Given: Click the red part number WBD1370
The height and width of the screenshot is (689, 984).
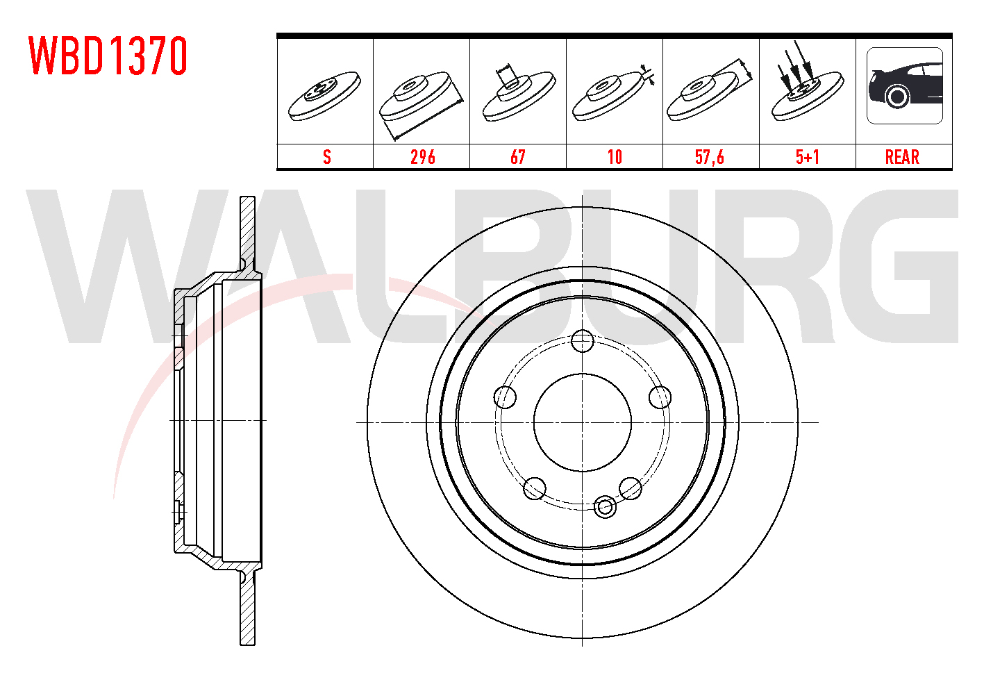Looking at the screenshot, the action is [x=108, y=56].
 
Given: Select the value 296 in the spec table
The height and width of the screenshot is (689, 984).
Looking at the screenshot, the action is [x=423, y=157].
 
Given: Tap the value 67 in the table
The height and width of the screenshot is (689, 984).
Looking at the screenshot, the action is [x=518, y=157].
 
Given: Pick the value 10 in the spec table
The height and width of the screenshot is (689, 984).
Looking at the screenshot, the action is [x=615, y=157].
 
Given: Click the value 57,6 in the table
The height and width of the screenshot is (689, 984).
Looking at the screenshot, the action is [x=710, y=157].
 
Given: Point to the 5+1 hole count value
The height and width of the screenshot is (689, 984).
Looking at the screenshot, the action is [x=808, y=157].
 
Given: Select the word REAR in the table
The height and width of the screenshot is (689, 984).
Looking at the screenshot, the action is [x=902, y=157].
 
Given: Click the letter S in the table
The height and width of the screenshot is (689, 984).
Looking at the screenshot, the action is [x=327, y=157].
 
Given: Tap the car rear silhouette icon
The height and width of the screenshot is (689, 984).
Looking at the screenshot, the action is [x=905, y=85].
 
